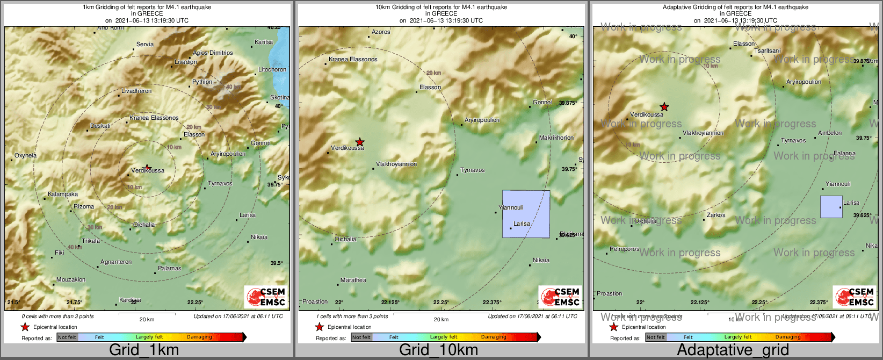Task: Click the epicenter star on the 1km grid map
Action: click(x=148, y=167)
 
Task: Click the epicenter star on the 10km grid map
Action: click(x=360, y=142)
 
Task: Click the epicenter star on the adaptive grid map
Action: click(x=664, y=107)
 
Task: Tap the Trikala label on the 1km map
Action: click(x=91, y=241)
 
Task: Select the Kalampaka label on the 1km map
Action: click(x=63, y=195)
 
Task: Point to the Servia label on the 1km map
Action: click(x=145, y=45)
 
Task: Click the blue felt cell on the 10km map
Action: click(x=526, y=214)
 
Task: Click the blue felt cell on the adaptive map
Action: click(x=831, y=207)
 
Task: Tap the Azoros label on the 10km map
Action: click(x=381, y=32)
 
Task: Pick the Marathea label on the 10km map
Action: click(x=353, y=280)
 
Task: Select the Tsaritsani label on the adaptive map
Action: click(x=768, y=51)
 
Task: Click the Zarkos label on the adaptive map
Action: click(x=716, y=215)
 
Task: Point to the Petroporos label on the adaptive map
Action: click(x=625, y=249)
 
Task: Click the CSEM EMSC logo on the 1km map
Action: click(x=266, y=297)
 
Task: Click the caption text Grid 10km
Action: click(x=438, y=350)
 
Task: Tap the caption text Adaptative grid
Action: click(x=733, y=350)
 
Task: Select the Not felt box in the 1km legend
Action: click(x=67, y=337)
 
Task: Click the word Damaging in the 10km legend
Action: click(x=494, y=337)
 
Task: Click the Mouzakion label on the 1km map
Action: click(x=71, y=280)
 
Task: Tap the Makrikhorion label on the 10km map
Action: click(x=556, y=138)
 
